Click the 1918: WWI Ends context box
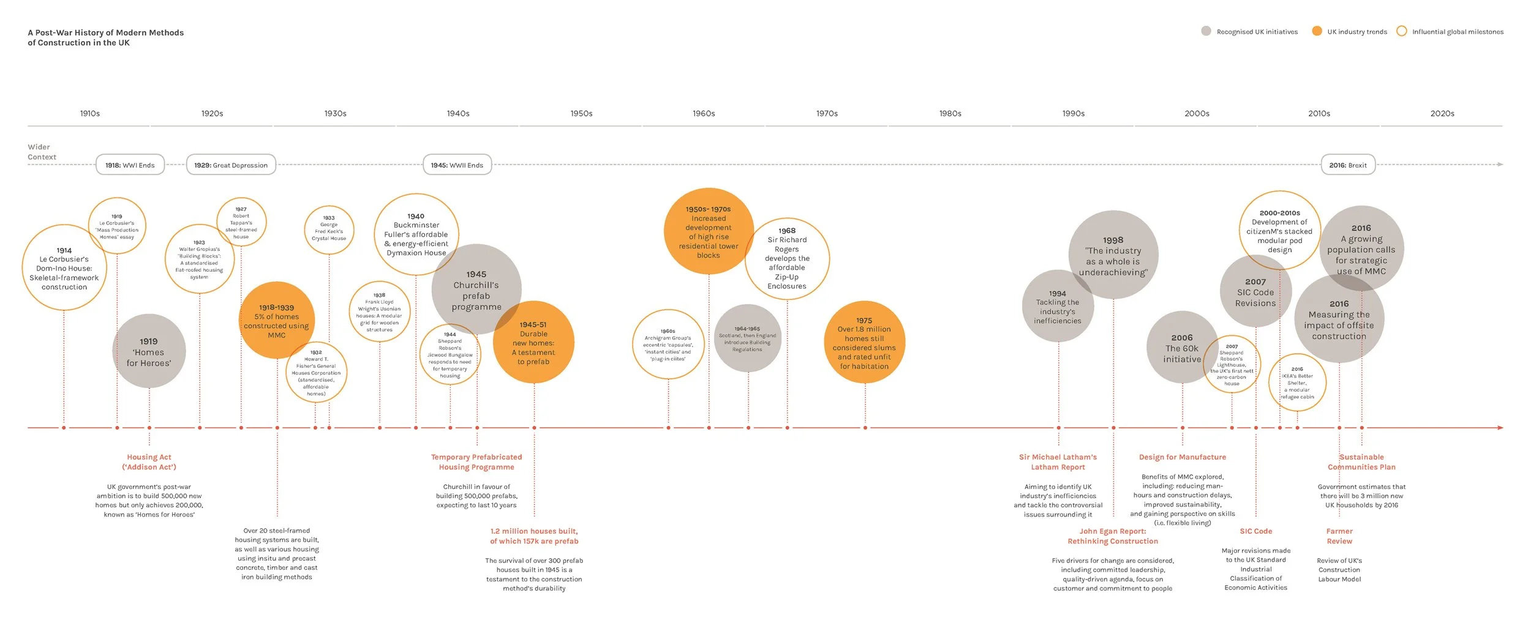(x=130, y=165)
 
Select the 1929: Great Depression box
(x=231, y=165)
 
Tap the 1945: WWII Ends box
(x=457, y=165)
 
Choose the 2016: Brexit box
(x=1347, y=165)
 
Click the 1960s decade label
(x=704, y=114)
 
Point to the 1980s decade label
(x=950, y=114)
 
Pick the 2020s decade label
(x=1442, y=114)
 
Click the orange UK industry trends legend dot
(x=1317, y=31)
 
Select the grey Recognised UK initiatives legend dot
(x=1206, y=31)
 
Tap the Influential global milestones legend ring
(x=1401, y=31)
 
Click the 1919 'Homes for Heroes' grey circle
(x=149, y=351)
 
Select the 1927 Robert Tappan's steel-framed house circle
(x=241, y=222)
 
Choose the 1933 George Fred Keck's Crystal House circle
(x=329, y=230)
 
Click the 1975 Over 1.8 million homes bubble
(x=864, y=343)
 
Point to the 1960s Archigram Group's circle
(x=668, y=345)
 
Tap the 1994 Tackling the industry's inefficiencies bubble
(x=1058, y=306)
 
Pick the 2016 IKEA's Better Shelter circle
(x=1297, y=383)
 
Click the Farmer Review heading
(x=1339, y=536)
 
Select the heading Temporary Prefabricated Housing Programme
(x=476, y=462)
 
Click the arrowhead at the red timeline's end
(x=1500, y=428)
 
